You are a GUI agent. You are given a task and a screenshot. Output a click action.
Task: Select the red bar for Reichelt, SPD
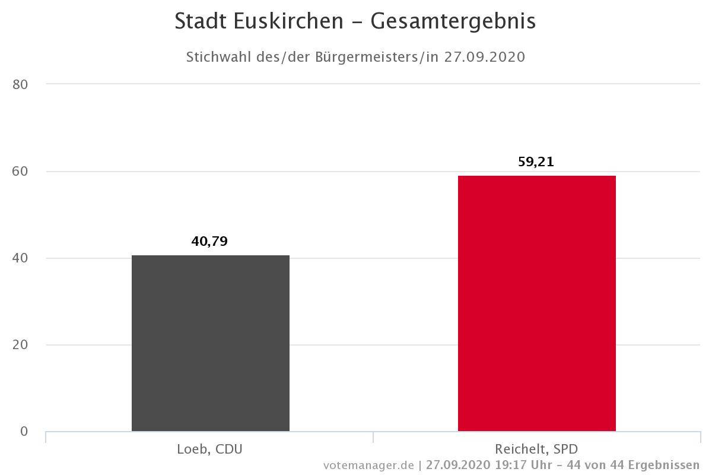pyautogui.click(x=536, y=303)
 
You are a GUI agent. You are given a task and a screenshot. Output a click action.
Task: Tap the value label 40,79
pyautogui.click(x=209, y=242)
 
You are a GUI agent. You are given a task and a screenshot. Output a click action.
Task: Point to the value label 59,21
pyautogui.click(x=536, y=161)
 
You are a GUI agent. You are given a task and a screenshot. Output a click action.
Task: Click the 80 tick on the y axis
pyautogui.click(x=20, y=84)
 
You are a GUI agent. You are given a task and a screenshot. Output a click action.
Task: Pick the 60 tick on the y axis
pyautogui.click(x=20, y=172)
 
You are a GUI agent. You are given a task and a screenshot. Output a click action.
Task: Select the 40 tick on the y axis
pyautogui.click(x=20, y=258)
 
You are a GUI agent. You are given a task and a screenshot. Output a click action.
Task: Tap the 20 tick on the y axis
pyautogui.click(x=20, y=345)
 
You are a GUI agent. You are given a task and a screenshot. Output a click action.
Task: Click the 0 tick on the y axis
pyautogui.click(x=24, y=432)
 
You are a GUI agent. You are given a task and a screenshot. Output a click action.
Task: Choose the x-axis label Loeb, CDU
pyautogui.click(x=209, y=449)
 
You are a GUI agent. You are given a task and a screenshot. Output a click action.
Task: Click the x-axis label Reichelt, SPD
pyautogui.click(x=536, y=449)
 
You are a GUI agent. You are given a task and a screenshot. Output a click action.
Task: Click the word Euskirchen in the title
pyautogui.click(x=288, y=21)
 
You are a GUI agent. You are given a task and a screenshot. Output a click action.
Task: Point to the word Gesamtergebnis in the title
pyautogui.click(x=453, y=21)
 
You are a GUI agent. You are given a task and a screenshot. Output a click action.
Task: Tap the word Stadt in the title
pyautogui.click(x=200, y=21)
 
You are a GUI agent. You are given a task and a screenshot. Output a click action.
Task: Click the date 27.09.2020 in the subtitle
pyautogui.click(x=485, y=57)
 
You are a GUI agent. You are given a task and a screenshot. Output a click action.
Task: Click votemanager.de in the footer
pyautogui.click(x=368, y=465)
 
